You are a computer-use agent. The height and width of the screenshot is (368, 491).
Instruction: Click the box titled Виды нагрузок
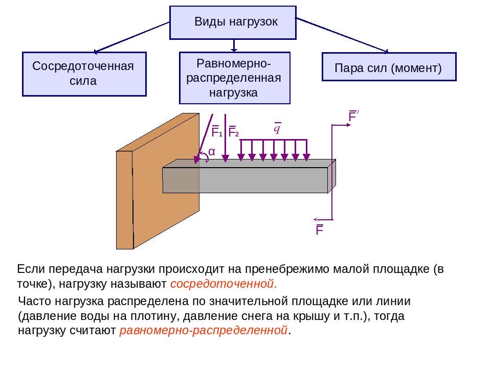click(x=233, y=22)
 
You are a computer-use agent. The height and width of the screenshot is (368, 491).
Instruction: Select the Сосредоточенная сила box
click(x=84, y=74)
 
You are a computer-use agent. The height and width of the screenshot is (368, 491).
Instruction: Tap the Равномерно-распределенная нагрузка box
click(x=234, y=78)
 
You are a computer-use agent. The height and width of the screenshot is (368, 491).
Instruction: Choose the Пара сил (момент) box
click(x=389, y=67)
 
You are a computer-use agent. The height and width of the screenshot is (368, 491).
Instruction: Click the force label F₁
click(x=216, y=132)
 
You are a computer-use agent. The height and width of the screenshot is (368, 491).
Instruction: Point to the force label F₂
click(x=233, y=132)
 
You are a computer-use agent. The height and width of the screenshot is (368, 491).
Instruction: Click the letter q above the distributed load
click(x=277, y=128)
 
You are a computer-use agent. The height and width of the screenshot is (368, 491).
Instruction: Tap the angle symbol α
click(x=211, y=152)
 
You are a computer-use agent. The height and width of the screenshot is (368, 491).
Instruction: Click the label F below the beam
click(x=320, y=230)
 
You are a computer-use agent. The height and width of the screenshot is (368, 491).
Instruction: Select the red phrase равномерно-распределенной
click(x=204, y=330)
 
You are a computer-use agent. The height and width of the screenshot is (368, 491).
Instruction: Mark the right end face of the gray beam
click(x=331, y=176)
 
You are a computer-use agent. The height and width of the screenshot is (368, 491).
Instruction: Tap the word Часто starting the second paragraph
click(x=34, y=302)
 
